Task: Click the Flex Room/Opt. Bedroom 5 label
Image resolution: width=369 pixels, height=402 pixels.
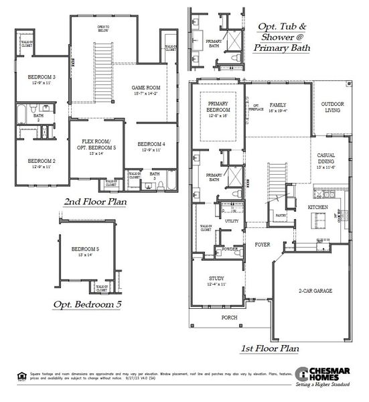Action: (x=97, y=143)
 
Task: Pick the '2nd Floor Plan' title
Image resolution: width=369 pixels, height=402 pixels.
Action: (x=97, y=202)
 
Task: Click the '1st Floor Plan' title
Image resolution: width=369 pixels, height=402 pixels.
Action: (x=269, y=348)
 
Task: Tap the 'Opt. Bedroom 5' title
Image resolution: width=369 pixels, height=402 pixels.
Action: (x=88, y=305)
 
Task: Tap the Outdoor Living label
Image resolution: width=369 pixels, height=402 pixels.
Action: (x=332, y=108)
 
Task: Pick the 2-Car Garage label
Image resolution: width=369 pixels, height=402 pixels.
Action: (x=315, y=291)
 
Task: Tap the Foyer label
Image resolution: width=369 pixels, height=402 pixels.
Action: (x=263, y=245)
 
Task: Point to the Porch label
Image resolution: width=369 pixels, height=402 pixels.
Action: (x=229, y=318)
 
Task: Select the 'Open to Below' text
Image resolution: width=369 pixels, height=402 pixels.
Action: (x=103, y=29)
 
